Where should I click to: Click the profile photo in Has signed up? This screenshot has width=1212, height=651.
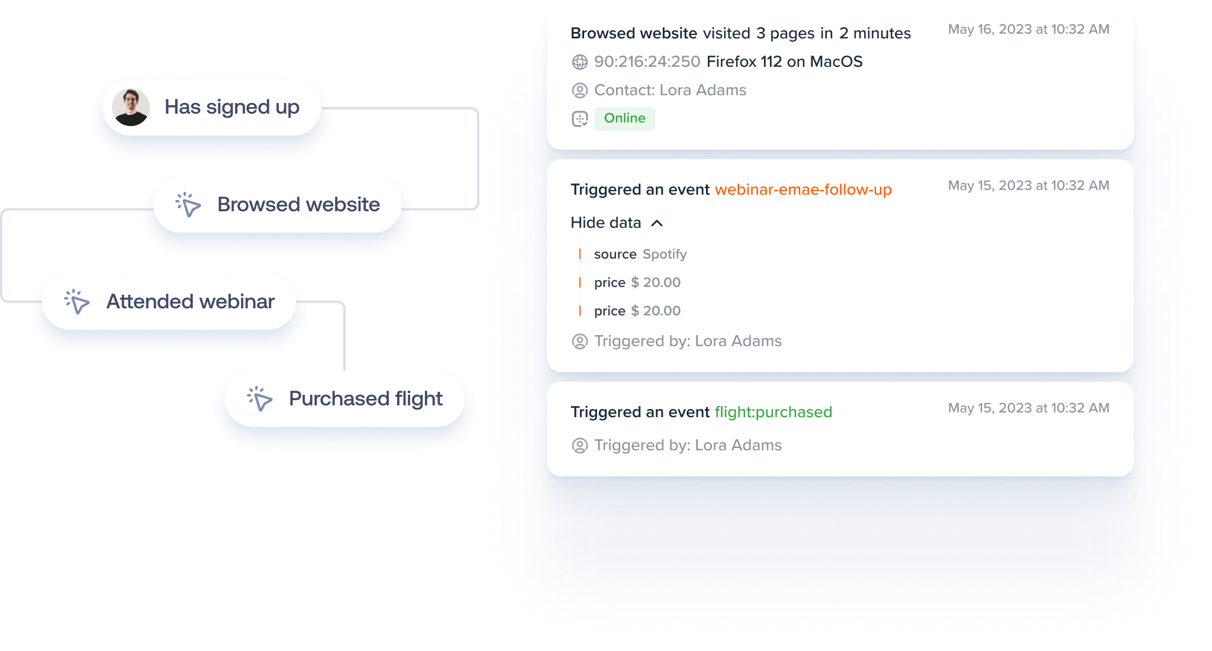pyautogui.click(x=131, y=107)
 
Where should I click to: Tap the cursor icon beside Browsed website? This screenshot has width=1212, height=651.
pyautogui.click(x=188, y=205)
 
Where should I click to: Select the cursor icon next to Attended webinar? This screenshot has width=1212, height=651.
pyautogui.click(x=77, y=302)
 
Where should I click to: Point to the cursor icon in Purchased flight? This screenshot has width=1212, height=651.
pyautogui.click(x=260, y=399)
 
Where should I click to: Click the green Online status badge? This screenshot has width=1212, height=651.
pyautogui.click(x=624, y=118)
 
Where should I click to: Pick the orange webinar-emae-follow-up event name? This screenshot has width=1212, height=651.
pyautogui.click(x=803, y=190)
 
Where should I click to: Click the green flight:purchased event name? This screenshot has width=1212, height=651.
pyautogui.click(x=773, y=412)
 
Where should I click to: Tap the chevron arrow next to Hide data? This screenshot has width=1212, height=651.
pyautogui.click(x=657, y=223)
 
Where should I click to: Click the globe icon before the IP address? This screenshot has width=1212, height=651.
pyautogui.click(x=580, y=62)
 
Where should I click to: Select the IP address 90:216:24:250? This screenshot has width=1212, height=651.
pyautogui.click(x=647, y=62)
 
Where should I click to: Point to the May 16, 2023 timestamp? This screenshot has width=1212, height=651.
pyautogui.click(x=1029, y=30)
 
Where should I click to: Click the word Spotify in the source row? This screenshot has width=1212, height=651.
pyautogui.click(x=665, y=254)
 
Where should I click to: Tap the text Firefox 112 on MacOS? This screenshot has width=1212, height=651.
pyautogui.click(x=784, y=62)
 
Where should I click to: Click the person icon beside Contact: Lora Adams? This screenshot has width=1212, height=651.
pyautogui.click(x=580, y=91)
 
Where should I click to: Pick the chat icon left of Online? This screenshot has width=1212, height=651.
pyautogui.click(x=580, y=119)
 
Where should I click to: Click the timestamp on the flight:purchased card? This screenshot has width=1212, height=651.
pyautogui.click(x=1029, y=408)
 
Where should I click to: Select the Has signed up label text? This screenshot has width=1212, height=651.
pyautogui.click(x=232, y=107)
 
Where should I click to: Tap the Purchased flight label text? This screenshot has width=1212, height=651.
pyautogui.click(x=366, y=399)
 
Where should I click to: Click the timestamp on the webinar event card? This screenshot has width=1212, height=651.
pyautogui.click(x=1029, y=186)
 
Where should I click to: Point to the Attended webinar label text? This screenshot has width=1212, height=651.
pyautogui.click(x=191, y=302)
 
